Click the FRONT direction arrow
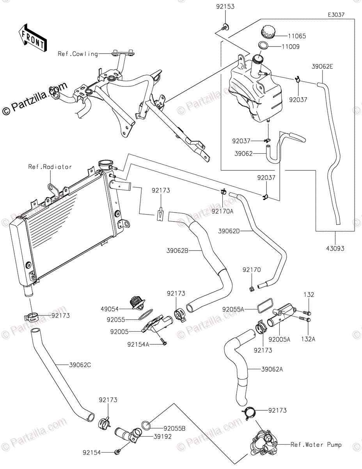coord(32,38)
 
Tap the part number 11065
coord(297,36)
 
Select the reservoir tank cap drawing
coord(268,32)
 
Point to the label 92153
coord(225,7)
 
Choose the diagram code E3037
coord(336,15)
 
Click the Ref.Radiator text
coord(50,167)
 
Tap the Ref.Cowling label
coord(78,54)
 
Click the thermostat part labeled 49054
coord(138,303)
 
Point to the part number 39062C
coord(80,365)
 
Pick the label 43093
coord(335,249)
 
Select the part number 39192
coord(163,437)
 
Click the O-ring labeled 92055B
coord(146,425)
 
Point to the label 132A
coord(308,339)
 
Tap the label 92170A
coord(222,211)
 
